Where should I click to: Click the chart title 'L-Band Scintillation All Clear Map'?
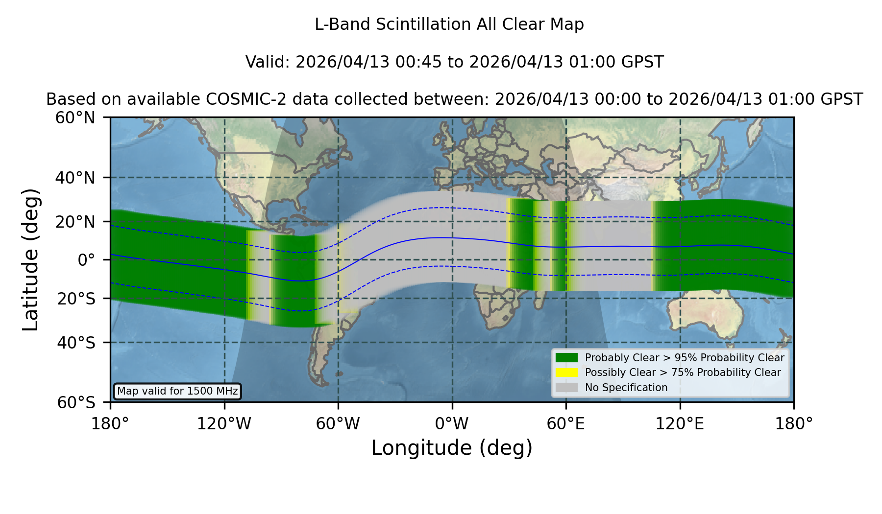click(x=449, y=24)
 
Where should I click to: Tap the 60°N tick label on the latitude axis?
click(x=75, y=118)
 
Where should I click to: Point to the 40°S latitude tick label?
click(x=76, y=343)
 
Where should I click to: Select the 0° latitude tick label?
click(x=86, y=260)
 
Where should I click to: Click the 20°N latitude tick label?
click(x=75, y=222)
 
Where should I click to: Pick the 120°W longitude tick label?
click(x=224, y=423)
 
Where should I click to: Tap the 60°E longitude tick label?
click(x=566, y=423)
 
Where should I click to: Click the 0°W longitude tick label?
click(x=452, y=423)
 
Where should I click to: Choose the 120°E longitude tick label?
click(x=680, y=423)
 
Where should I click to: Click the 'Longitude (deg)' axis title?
click(x=452, y=448)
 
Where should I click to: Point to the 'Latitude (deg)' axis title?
click(x=30, y=259)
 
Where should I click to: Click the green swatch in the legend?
click(x=567, y=357)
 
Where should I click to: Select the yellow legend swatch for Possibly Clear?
click(x=567, y=372)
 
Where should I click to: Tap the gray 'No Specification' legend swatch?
click(x=567, y=387)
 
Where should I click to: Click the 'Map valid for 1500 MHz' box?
click(x=177, y=391)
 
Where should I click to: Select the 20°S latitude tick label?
click(x=76, y=299)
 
